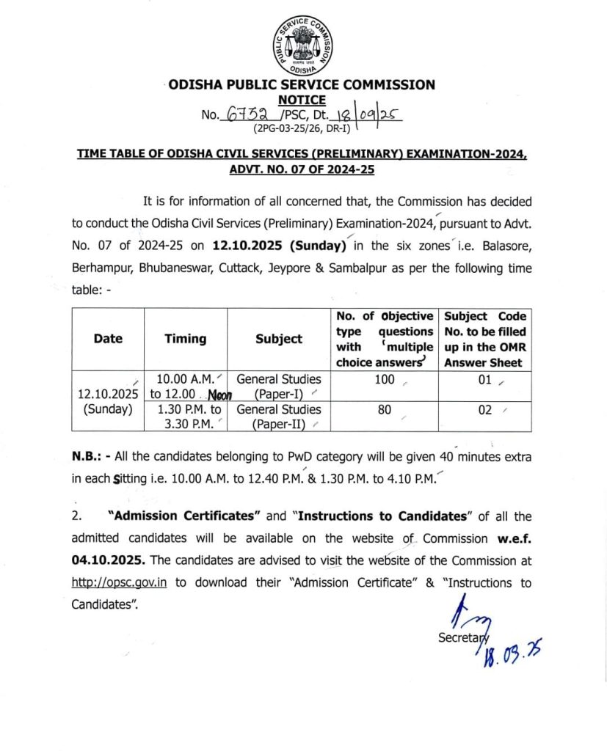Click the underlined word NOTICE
[x=302, y=100]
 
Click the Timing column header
[x=185, y=339]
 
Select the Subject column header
[x=279, y=339]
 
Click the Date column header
[x=108, y=339]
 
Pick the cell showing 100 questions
[x=385, y=380]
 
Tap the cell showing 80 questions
[x=385, y=411]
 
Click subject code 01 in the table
[x=485, y=380]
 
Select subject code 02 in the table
[x=485, y=411]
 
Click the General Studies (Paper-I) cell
[x=279, y=387]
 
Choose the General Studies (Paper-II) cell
[x=279, y=417]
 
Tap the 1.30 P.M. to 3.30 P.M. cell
[x=185, y=417]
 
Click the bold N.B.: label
[x=91, y=456]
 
